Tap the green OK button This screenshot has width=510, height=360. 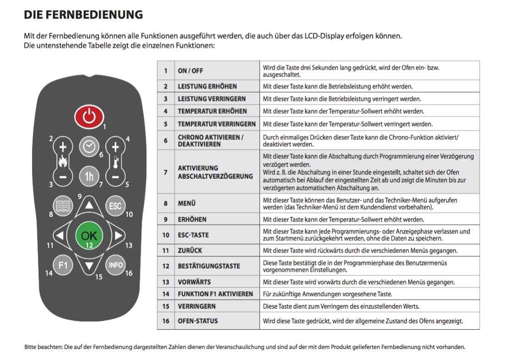[89, 235]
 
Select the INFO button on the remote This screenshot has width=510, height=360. [115, 265]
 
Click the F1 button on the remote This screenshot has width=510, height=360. [63, 265]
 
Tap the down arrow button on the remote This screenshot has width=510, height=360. [89, 265]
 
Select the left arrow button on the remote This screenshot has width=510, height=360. [60, 236]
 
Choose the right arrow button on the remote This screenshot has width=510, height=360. [118, 236]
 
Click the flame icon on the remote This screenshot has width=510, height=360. [63, 162]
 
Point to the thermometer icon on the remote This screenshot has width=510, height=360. [115, 162]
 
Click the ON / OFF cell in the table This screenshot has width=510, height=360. [191, 71]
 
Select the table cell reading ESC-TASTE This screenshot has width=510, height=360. [193, 235]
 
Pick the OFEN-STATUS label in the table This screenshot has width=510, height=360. [197, 321]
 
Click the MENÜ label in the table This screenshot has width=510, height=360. [186, 203]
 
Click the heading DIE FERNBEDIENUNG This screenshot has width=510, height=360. [83, 15]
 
